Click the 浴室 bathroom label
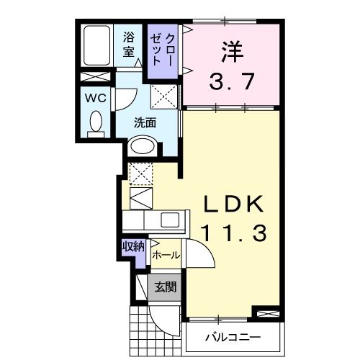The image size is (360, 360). tap(130, 44)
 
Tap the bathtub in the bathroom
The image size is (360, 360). tap(95, 45)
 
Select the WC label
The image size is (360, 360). tap(96, 97)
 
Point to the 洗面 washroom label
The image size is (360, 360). tap(145, 122)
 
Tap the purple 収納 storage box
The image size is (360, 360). tap(133, 248)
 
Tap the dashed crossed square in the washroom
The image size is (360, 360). tap(163, 94)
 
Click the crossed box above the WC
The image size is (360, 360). tap(94, 77)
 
